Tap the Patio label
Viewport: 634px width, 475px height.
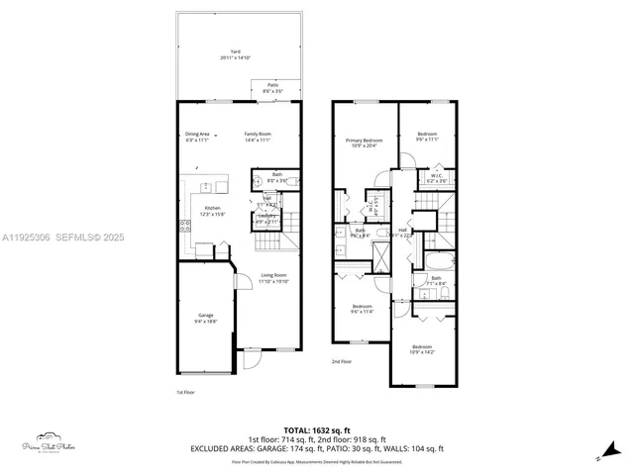(x=271, y=87)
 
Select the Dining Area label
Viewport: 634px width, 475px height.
(x=197, y=137)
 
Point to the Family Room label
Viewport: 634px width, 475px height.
(x=259, y=137)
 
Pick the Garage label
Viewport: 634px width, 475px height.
(x=205, y=317)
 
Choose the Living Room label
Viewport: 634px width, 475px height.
(x=273, y=278)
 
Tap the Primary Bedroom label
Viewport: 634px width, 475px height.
(x=365, y=144)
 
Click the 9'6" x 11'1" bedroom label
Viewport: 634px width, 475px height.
(x=427, y=137)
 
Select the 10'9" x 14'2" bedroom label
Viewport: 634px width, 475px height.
(x=422, y=348)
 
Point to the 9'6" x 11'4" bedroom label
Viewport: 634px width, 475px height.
(x=362, y=309)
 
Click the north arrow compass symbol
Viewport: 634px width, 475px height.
(x=600, y=456)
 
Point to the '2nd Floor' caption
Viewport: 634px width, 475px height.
(x=342, y=361)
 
